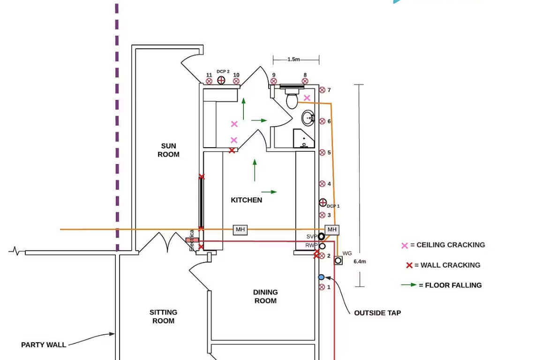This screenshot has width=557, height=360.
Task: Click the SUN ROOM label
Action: tap(168, 150)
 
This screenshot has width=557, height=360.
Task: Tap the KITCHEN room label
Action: tap(246, 200)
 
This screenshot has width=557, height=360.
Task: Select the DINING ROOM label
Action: tap(265, 296)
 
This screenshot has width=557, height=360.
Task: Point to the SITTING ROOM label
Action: tap(163, 316)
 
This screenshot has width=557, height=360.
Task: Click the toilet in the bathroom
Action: tap(292, 99)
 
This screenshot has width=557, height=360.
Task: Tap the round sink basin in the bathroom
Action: tap(308, 118)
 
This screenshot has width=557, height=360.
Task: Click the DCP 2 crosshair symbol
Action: tap(221, 80)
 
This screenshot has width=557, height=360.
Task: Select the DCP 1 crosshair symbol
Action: tap(323, 202)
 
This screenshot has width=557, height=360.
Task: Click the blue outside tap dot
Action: tap(321, 277)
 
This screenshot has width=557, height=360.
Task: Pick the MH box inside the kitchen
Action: tap(241, 230)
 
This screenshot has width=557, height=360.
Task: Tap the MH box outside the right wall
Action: tap(332, 230)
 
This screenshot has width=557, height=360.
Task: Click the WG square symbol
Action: tap(338, 261)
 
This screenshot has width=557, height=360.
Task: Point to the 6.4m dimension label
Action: tap(360, 262)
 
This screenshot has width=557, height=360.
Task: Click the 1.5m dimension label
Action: tap(294, 60)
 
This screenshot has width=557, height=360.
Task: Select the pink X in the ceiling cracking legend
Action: tap(405, 245)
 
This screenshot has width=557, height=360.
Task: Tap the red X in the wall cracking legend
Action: tap(409, 265)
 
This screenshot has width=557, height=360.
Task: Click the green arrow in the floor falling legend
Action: tap(408, 285)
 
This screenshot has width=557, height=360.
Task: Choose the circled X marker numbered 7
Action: tap(322, 90)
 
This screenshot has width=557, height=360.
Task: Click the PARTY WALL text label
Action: tap(44, 345)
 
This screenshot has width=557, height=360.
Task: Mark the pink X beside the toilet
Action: tap(307, 98)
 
